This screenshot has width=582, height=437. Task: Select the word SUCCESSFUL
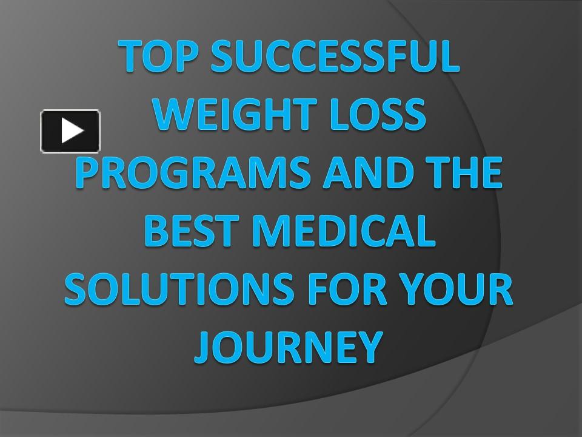[x=335, y=56]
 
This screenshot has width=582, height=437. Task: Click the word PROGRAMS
[x=193, y=172]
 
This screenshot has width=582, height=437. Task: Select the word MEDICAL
[x=344, y=231]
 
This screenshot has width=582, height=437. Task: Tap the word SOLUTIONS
[x=179, y=289]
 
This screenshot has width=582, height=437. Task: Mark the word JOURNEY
[x=289, y=347]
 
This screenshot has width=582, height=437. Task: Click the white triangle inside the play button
[x=72, y=130]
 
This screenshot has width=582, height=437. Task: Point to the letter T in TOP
[x=131, y=56]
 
